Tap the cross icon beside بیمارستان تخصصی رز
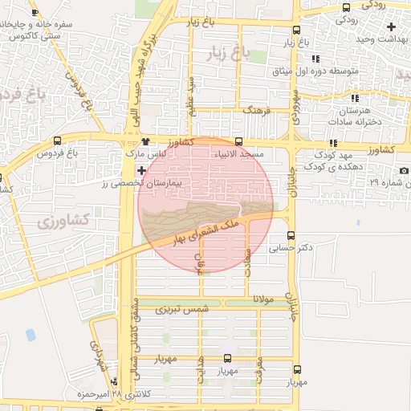point(142,170)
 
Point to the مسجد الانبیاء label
point(238,153)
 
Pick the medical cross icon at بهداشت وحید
point(390,26)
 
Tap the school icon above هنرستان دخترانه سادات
point(356,98)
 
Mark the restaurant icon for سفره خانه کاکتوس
point(35,12)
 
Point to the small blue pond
point(31,334)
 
